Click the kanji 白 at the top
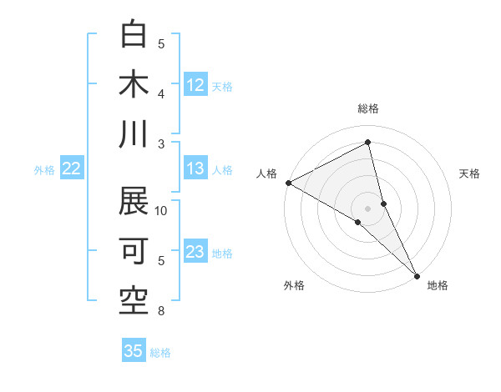134,34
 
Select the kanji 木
134,84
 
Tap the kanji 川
134,134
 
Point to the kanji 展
134,201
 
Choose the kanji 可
134,251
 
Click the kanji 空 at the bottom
134,301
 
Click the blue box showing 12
195,85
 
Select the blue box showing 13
195,168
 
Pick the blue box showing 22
72,168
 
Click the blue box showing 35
134,351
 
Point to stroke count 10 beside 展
161,211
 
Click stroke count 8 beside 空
161,312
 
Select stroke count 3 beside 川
161,143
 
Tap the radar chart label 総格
368,108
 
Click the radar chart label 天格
470,173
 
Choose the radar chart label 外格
294,285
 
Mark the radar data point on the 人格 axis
288,182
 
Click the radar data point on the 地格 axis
417,275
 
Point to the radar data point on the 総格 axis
368,143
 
